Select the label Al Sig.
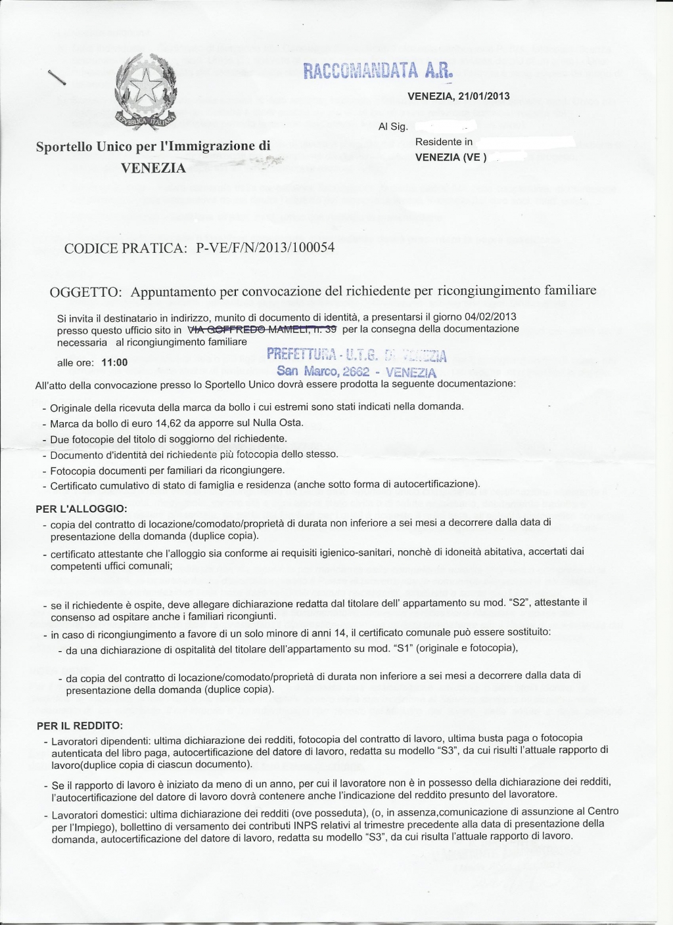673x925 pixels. click(393, 127)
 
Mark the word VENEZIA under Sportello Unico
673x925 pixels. click(153, 168)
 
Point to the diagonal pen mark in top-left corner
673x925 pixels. click(58, 77)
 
